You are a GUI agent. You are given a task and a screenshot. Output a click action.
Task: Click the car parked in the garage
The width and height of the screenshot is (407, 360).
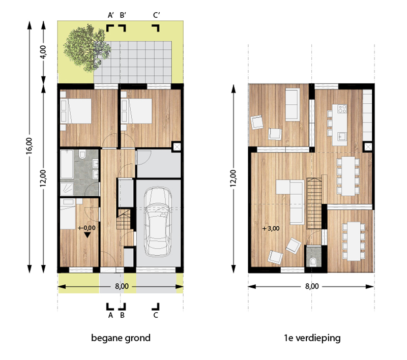point(158,222)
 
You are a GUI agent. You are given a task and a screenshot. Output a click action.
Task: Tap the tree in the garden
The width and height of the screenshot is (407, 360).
point(87,48)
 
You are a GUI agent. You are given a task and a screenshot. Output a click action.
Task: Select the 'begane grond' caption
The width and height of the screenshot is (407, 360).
point(121,338)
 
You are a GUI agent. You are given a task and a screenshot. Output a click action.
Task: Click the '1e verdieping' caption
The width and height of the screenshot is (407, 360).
point(312,338)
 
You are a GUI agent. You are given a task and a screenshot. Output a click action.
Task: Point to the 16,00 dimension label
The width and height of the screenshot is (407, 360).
point(29,146)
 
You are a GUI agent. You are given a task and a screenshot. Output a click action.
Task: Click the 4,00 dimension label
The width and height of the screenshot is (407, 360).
point(43,52)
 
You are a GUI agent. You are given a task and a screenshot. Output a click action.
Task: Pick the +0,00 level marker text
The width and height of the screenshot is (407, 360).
point(86,228)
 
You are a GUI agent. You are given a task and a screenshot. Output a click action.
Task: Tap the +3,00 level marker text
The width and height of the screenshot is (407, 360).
point(271,228)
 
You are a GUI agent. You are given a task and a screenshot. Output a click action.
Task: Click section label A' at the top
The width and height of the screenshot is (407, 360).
point(111,15)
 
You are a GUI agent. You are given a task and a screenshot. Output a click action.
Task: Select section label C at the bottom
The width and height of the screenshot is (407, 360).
point(156,315)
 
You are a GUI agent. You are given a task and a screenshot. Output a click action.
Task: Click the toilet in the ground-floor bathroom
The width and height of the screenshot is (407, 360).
point(82,155)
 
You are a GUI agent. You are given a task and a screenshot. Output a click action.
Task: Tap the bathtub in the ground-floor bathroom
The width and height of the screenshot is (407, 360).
point(67,164)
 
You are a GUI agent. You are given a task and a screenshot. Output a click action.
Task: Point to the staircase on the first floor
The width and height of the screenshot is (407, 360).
point(314,203)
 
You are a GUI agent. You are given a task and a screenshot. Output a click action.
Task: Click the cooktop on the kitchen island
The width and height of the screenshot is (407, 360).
point(342,109)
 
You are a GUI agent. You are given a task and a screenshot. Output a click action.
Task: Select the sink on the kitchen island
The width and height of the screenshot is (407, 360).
point(342,136)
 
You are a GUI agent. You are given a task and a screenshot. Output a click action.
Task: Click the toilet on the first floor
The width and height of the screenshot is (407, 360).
point(313,261)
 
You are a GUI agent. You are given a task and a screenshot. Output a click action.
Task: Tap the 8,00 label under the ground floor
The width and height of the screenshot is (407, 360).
point(122,286)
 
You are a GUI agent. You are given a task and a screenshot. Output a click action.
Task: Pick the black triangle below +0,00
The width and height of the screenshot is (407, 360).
point(87,235)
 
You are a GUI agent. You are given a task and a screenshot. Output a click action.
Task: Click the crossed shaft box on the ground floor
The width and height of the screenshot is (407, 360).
point(177,147)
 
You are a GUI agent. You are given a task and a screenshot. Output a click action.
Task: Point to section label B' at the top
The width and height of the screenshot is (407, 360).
point(123,15)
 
